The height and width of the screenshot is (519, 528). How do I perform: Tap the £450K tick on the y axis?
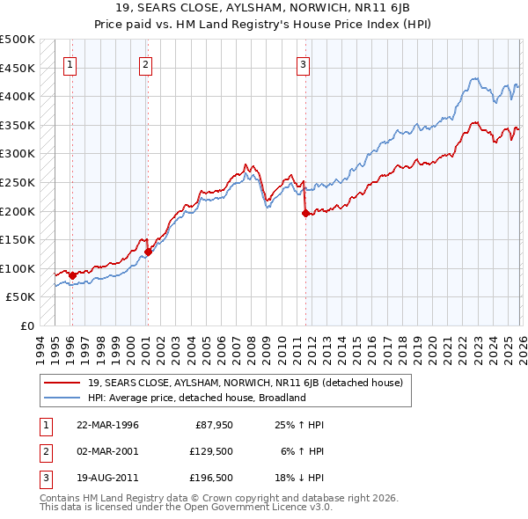tap(18, 68)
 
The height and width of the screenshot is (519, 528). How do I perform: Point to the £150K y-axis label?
tap(18, 239)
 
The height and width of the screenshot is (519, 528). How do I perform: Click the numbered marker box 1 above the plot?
tap(70, 63)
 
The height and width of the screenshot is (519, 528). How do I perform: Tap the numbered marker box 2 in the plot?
tap(145, 63)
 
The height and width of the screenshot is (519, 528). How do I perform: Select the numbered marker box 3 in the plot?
tap(303, 63)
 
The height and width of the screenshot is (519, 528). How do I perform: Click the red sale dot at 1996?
tap(72, 275)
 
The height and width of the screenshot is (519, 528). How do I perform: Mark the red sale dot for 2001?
tap(148, 252)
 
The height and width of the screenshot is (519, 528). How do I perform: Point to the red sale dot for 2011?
tap(305, 213)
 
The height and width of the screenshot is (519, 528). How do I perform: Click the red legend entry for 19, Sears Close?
tap(245, 383)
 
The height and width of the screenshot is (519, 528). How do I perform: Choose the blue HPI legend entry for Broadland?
tap(195, 398)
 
